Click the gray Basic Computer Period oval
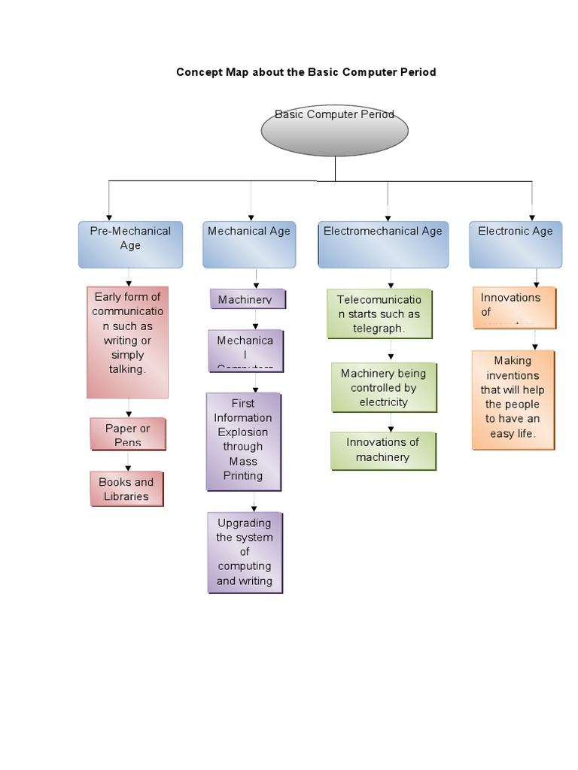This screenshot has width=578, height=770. click(x=334, y=131)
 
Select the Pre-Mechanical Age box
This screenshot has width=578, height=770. click(x=130, y=244)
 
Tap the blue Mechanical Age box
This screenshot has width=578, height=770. click(x=248, y=244)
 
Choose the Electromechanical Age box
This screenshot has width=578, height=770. click(x=383, y=244)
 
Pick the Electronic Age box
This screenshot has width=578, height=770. click(x=515, y=244)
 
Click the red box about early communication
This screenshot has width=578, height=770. click(x=127, y=341)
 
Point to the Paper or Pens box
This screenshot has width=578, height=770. click(x=127, y=434)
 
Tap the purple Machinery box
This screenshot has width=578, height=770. click(x=247, y=299)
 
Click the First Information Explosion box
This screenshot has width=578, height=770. click(x=243, y=440)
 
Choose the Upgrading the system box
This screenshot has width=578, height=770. click(x=245, y=552)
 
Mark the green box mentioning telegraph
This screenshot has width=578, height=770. click(x=379, y=314)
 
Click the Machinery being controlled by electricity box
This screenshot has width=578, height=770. click(x=383, y=387)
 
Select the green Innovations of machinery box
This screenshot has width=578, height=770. click(x=382, y=450)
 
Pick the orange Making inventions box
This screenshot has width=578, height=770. click(x=513, y=399)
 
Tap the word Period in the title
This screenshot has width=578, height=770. click(x=418, y=72)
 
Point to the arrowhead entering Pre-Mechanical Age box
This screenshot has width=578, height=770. click(x=110, y=217)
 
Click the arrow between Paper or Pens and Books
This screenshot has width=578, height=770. click(x=128, y=461)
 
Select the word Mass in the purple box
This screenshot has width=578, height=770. click(x=243, y=461)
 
